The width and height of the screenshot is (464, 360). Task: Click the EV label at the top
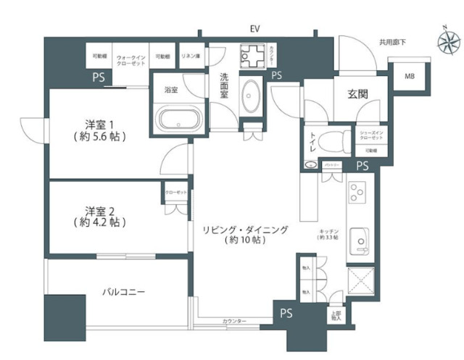[254, 29]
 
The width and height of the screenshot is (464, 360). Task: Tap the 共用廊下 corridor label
[392, 43]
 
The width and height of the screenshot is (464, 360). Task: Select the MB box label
[409, 75]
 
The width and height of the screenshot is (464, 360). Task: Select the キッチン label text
[328, 230]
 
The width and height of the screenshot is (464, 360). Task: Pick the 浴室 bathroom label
[171, 91]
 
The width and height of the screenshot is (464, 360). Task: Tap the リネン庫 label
[191, 56]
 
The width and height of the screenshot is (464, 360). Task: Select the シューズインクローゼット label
[370, 135]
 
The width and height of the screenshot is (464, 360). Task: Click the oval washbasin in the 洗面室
[252, 96]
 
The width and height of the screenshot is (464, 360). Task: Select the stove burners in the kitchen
[357, 193]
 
